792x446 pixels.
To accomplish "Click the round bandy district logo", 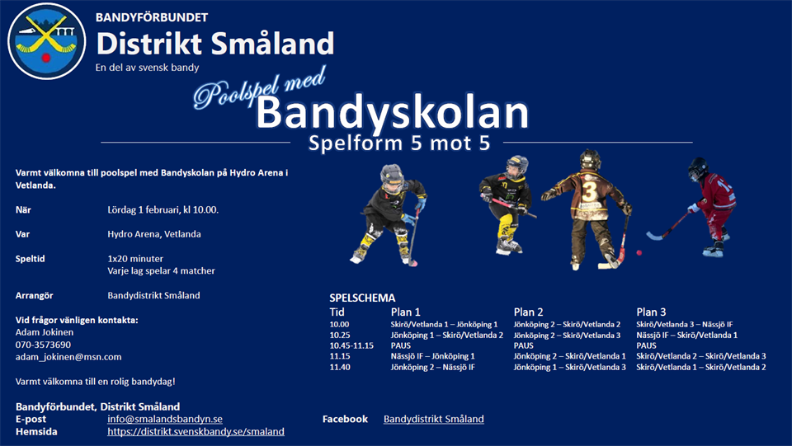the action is (46, 41).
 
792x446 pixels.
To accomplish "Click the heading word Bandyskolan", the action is (392, 113).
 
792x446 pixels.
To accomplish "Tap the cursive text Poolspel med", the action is (259, 87).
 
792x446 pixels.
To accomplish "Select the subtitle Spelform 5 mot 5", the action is (399, 143).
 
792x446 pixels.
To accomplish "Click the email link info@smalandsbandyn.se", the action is (165, 420).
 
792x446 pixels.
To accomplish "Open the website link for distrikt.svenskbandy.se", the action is (196, 432).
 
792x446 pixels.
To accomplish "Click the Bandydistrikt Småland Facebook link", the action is (433, 420).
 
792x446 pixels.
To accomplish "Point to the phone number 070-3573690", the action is (43, 345).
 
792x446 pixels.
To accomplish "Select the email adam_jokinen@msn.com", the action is (68, 357).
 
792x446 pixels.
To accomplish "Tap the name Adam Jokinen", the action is (45, 332).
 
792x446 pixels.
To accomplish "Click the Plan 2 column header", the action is (528, 312).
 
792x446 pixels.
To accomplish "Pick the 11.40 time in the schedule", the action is (340, 368).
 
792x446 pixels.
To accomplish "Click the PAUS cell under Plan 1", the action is (401, 345).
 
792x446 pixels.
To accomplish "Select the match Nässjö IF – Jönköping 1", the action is (432, 356).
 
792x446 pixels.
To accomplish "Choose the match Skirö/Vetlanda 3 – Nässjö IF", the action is (685, 325).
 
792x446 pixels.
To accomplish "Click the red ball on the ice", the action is (639, 253).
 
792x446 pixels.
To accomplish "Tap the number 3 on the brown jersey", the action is (589, 191).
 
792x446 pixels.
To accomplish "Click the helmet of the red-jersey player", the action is (698, 167).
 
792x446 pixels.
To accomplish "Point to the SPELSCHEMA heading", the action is (362, 298).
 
